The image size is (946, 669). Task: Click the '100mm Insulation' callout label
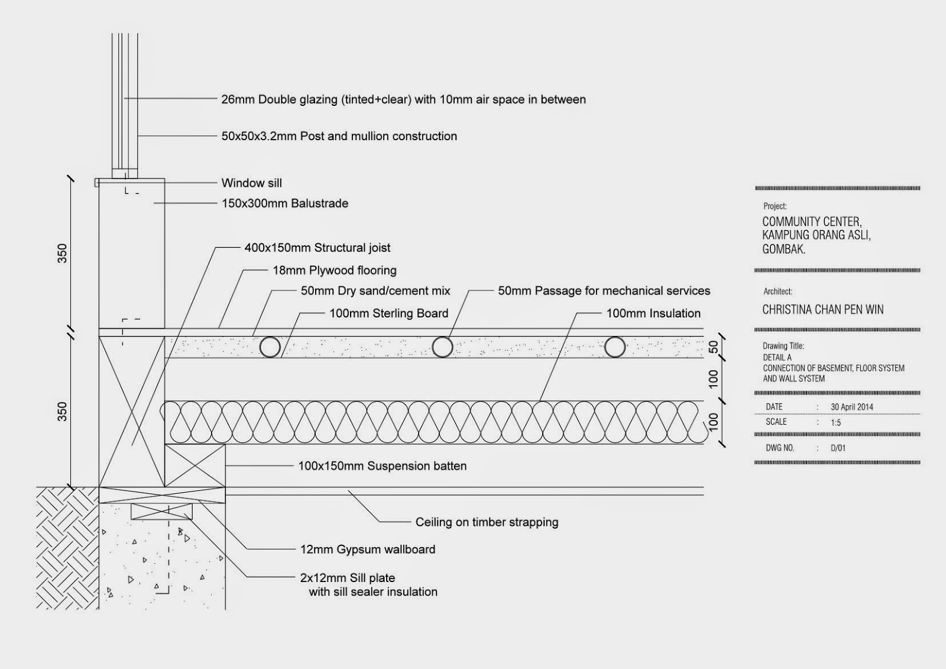(x=653, y=314)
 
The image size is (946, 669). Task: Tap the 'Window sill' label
(x=251, y=183)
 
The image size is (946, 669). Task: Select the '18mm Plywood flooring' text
(x=334, y=270)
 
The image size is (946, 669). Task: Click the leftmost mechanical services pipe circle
(x=270, y=347)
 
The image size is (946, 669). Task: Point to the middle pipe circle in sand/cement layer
(x=442, y=347)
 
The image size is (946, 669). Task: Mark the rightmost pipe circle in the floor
(x=615, y=347)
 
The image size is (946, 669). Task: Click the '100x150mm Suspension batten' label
(x=382, y=466)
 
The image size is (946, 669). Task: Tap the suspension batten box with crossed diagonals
(x=195, y=466)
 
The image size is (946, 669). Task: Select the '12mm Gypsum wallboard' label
(x=367, y=550)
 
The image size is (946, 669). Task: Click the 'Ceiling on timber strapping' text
(x=487, y=522)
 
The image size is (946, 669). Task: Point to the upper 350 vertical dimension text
(x=62, y=253)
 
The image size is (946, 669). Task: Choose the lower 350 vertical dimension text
(x=62, y=412)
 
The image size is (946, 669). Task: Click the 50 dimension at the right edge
(x=714, y=347)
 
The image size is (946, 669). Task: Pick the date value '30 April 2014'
(x=851, y=407)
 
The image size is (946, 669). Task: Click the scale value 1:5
(x=835, y=422)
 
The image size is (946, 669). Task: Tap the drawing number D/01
(x=838, y=448)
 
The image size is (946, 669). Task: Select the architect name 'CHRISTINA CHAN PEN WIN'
(x=822, y=310)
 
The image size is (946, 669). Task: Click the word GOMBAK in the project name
(x=783, y=250)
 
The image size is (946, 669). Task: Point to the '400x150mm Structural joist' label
(x=317, y=248)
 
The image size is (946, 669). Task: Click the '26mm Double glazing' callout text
(x=403, y=99)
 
